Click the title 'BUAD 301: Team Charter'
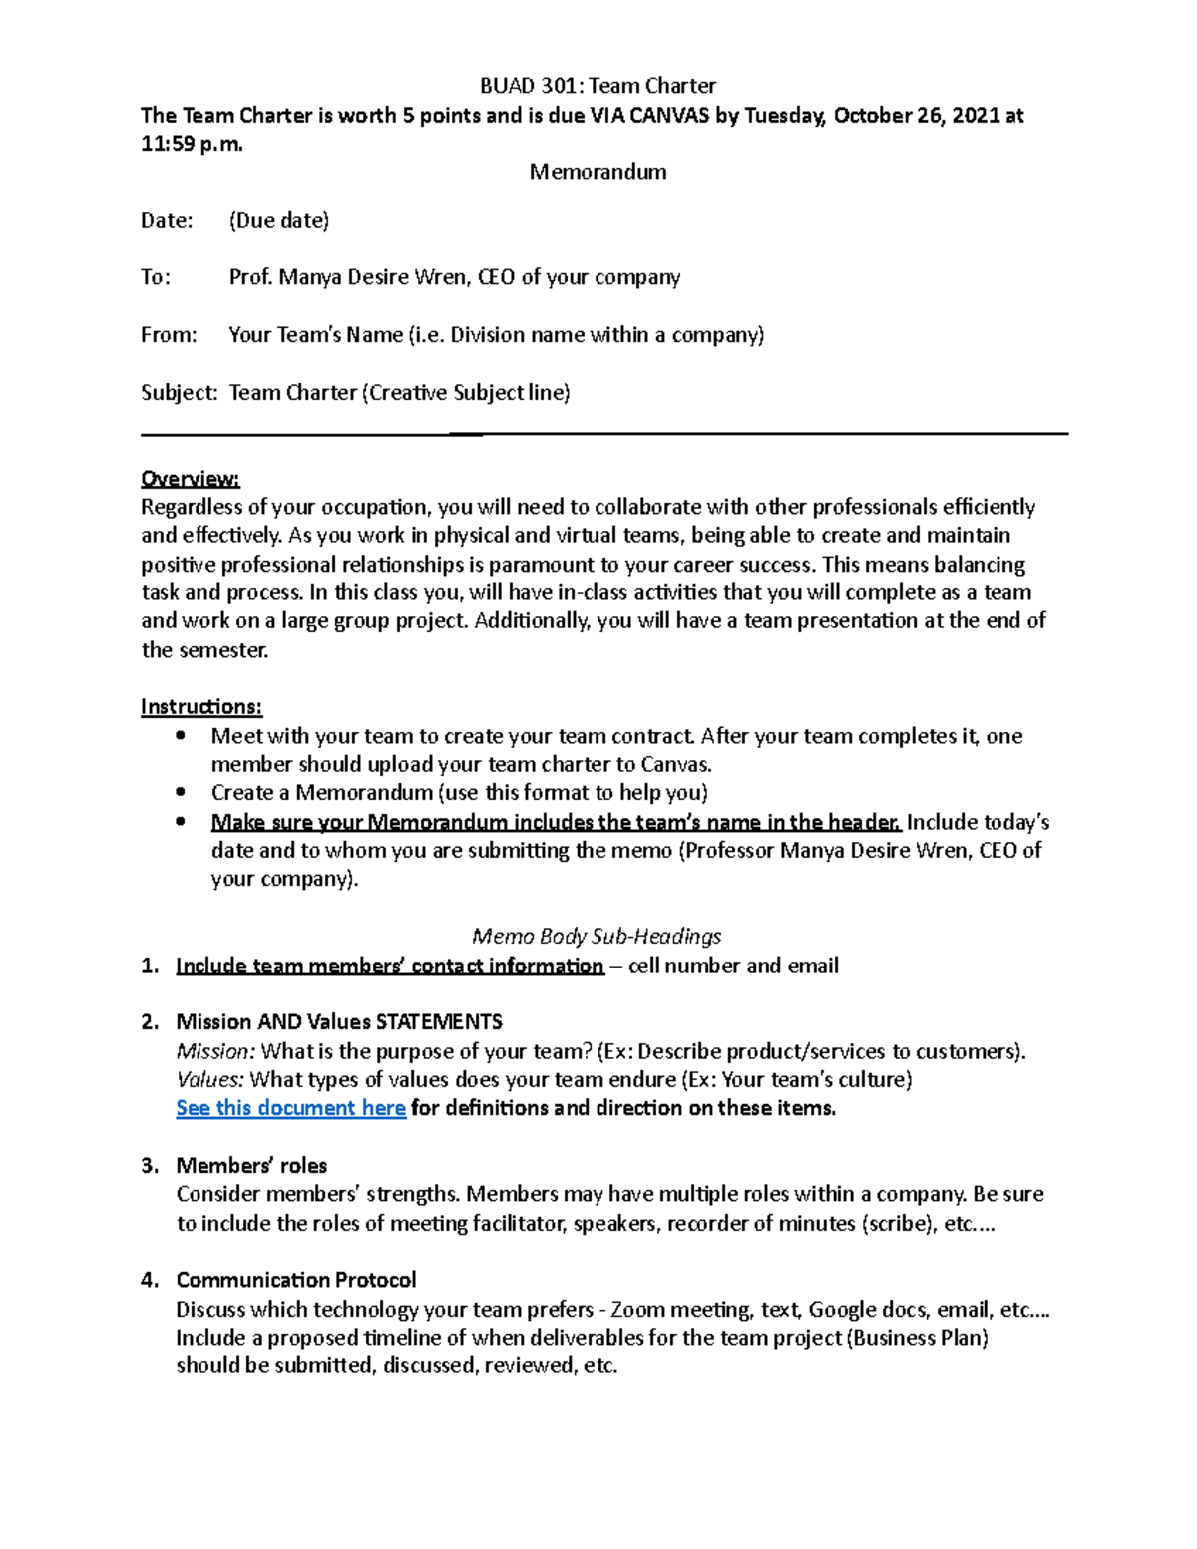[598, 86]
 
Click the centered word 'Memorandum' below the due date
[598, 172]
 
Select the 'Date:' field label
[167, 221]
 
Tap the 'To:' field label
[156, 277]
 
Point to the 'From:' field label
[169, 335]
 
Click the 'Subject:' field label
[179, 393]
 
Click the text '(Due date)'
[279, 221]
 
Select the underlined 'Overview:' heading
[190, 479]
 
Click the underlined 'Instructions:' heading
[201, 707]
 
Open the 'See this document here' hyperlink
[290, 1108]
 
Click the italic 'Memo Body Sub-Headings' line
[597, 937]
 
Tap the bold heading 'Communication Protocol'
[296, 1280]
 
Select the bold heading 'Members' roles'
[251, 1166]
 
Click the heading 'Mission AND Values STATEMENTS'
[339, 1022]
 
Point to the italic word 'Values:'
[210, 1080]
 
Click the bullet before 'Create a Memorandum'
[180, 793]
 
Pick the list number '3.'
[150, 1166]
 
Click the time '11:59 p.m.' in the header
[192, 144]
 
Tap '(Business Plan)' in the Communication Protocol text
[917, 1338]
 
